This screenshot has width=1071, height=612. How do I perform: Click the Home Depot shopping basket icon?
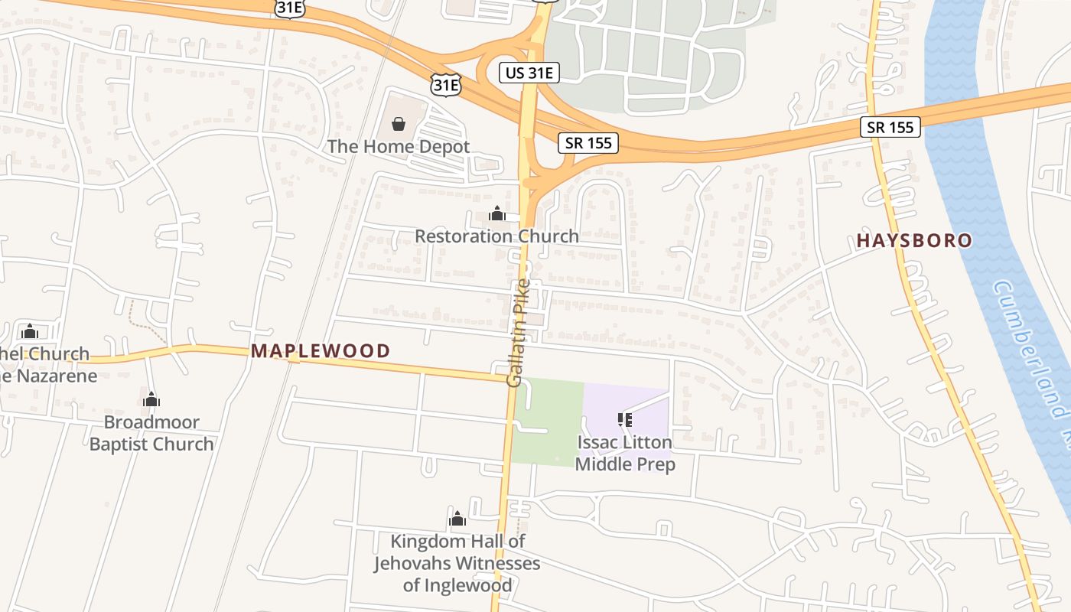tap(399, 123)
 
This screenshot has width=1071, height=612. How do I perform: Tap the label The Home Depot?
tap(399, 146)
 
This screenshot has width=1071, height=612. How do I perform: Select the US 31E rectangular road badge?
tap(529, 73)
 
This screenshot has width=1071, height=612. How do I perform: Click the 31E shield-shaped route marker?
tap(445, 83)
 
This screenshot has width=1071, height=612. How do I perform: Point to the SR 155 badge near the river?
tap(890, 127)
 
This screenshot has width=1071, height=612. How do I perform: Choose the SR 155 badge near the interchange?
tap(588, 142)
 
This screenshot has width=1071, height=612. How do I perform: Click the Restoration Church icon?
tap(497, 213)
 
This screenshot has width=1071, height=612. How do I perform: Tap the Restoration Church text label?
tap(496, 236)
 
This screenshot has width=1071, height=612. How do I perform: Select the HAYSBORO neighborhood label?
tap(914, 241)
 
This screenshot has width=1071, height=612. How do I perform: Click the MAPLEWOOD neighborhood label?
tap(321, 351)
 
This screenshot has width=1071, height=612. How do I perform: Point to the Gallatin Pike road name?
tap(518, 333)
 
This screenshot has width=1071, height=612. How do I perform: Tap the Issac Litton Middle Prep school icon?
tap(625, 419)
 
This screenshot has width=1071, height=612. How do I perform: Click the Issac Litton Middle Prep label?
tap(625, 453)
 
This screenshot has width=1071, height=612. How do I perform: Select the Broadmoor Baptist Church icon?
tap(151, 399)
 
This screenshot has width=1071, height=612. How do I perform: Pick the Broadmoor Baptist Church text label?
tap(151, 433)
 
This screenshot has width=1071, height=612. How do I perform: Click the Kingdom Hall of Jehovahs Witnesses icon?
tap(457, 519)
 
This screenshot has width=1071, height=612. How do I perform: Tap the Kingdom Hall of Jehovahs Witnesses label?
tap(457, 564)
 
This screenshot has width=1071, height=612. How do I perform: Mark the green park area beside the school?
tap(546, 421)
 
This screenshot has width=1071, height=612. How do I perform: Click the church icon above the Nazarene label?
tap(30, 331)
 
